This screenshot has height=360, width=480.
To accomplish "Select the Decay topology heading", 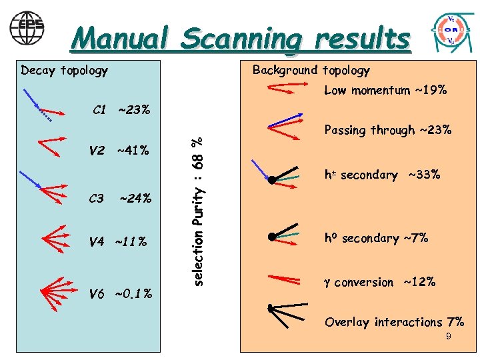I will click(64, 71).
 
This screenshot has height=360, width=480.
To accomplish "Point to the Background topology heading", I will click(310, 71).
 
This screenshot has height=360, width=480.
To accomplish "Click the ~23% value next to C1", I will click(135, 109).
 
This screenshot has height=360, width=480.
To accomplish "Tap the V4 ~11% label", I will click(117, 241).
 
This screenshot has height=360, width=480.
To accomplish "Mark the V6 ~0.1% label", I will click(120, 293).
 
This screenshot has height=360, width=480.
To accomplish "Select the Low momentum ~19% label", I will click(385, 90).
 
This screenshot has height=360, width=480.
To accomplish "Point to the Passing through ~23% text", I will click(387, 130).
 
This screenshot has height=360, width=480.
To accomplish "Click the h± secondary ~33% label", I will click(382, 175).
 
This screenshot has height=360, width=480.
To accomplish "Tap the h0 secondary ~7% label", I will click(376, 238).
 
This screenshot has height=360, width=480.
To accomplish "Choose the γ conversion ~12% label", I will click(380, 282).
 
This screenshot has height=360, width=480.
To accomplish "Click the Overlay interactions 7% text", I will click(394, 322).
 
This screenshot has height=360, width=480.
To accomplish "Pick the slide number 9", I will click(449, 337).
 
